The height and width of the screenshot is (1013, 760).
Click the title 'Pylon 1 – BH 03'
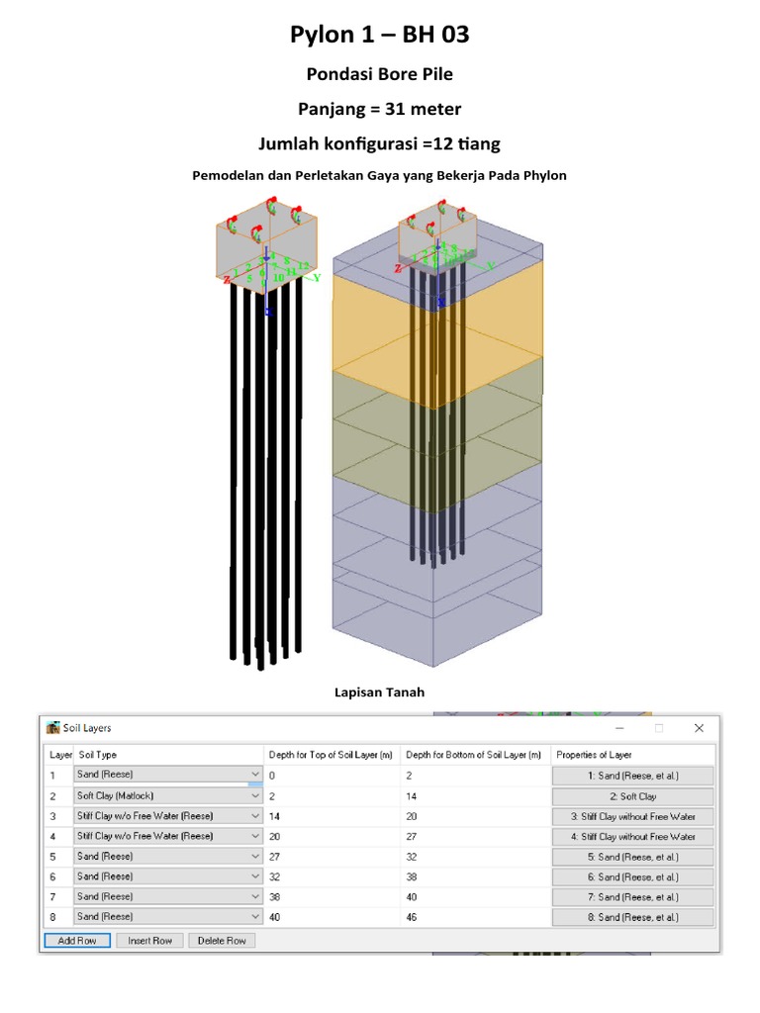(379, 36)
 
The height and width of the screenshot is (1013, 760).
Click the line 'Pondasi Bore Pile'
(379, 74)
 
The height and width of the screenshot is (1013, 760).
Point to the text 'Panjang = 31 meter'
(379, 109)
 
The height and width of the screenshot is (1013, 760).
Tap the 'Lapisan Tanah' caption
(379, 692)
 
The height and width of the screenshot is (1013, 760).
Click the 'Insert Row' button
(150, 941)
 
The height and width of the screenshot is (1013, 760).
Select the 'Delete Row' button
(223, 941)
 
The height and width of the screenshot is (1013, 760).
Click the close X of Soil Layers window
(699, 728)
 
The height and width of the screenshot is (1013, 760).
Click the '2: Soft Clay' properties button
(632, 796)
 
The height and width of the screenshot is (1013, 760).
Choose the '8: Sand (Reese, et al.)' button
(632, 918)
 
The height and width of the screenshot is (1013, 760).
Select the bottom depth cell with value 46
(475, 918)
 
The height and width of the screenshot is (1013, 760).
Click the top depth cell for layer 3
(332, 816)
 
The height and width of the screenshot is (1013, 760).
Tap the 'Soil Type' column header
(98, 755)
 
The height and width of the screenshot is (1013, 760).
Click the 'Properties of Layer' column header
(594, 755)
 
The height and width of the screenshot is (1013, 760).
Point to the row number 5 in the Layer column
(53, 857)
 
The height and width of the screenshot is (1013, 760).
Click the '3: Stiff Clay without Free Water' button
(632, 816)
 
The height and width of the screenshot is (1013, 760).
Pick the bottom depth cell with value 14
(475, 796)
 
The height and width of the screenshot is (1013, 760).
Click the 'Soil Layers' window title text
(87, 729)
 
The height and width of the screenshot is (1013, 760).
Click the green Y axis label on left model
(318, 278)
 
